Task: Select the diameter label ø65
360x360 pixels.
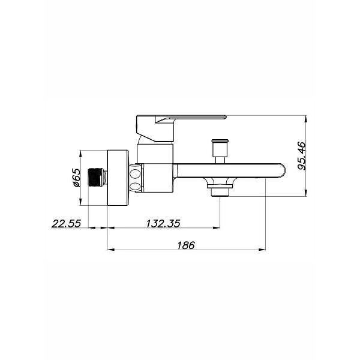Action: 77,178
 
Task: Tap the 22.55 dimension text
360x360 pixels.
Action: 67,223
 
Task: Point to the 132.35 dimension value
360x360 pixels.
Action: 163,223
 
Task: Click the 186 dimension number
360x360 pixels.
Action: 186,245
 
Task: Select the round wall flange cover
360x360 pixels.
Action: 118,178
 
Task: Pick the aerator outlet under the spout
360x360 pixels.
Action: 220,190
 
